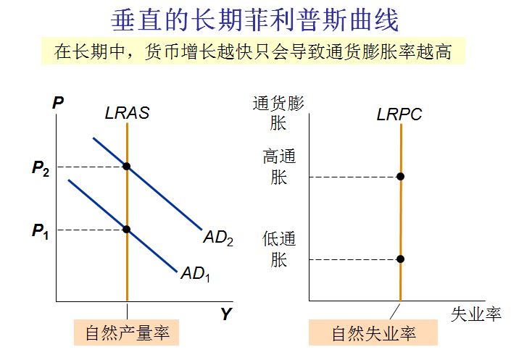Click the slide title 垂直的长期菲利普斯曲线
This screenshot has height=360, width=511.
(255, 20)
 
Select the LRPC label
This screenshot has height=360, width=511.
(399, 114)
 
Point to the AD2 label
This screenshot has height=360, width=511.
(218, 238)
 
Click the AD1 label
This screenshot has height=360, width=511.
(195, 274)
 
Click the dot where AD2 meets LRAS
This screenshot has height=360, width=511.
(127, 167)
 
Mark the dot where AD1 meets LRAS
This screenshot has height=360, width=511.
(127, 229)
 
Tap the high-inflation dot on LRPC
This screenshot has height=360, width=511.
(400, 176)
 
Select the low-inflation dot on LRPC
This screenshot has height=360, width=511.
(400, 259)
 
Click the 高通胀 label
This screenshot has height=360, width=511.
(279, 167)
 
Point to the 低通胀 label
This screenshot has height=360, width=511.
(279, 249)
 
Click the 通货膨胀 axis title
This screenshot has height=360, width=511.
(279, 113)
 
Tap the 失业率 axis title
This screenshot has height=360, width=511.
(475, 314)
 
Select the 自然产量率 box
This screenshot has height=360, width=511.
(127, 333)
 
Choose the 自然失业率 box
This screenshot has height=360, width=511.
(373, 334)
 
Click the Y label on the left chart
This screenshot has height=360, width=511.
(226, 314)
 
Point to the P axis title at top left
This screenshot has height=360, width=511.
(58, 103)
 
